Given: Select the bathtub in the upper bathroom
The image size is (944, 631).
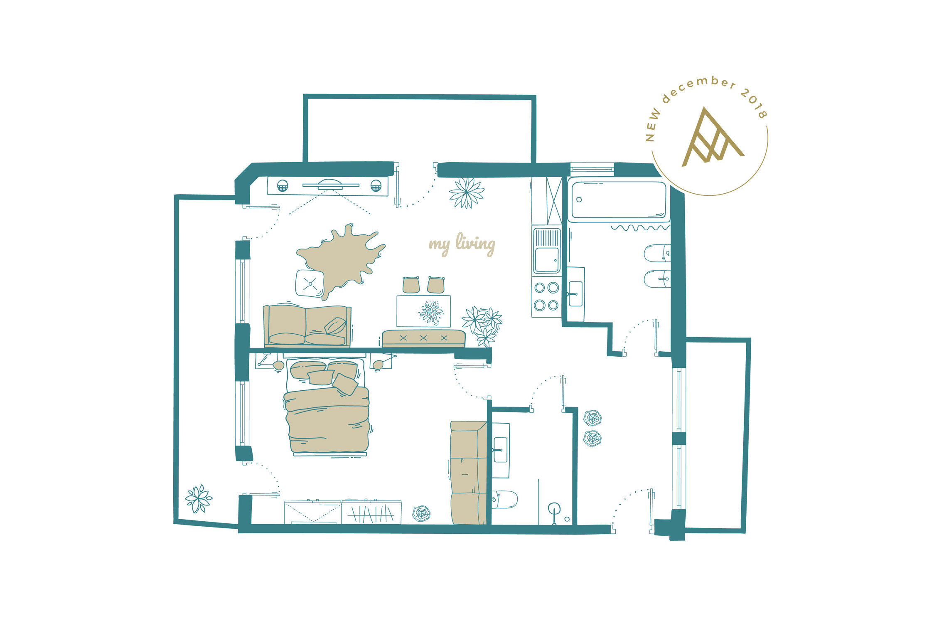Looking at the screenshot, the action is (x=619, y=200).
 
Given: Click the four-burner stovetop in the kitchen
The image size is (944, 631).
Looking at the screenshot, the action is (x=546, y=296).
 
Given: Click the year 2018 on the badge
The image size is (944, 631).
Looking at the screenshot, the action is (x=755, y=103).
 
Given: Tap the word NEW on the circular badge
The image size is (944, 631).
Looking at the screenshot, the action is (x=653, y=125).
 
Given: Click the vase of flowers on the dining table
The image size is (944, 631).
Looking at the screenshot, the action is (x=431, y=312).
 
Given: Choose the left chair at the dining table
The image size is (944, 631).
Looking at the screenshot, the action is (x=411, y=285).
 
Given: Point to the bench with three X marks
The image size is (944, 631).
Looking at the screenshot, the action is (x=423, y=338).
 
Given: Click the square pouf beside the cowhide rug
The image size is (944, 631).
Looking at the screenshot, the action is (x=310, y=283).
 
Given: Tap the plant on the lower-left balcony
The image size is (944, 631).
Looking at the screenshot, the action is (x=199, y=498).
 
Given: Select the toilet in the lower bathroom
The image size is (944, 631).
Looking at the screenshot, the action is (x=504, y=500).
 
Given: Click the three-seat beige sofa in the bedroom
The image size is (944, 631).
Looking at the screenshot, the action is (x=468, y=473).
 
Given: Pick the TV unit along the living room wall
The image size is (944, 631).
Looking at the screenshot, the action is (x=327, y=186).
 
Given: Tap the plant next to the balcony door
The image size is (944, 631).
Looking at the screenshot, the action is (x=467, y=192).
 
